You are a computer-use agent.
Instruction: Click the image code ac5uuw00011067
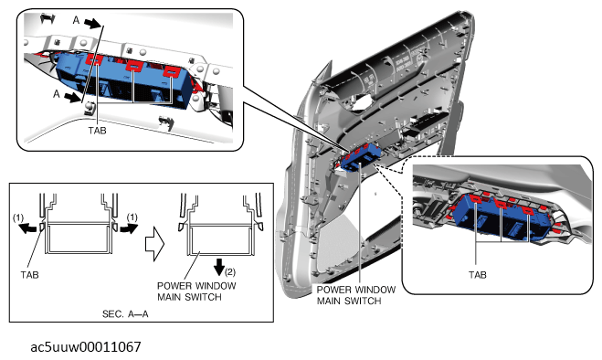point(86,347)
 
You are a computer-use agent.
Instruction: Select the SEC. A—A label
point(125,314)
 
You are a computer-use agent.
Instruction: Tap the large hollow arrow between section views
point(154,244)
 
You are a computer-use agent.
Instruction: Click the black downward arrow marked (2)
point(219,267)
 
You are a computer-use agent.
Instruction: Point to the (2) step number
point(229,272)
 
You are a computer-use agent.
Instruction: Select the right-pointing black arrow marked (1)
point(129,228)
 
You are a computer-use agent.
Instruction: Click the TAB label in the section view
point(29,275)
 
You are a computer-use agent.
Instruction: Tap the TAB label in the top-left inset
point(97,131)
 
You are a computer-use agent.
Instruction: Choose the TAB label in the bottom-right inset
point(477,275)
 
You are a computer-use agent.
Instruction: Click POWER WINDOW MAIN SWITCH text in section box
point(196,291)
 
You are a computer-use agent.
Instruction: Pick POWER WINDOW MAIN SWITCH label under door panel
point(356,295)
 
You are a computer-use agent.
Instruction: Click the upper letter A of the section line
point(76,20)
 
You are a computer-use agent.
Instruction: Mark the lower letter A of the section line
point(57,94)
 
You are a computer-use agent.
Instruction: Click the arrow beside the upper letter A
point(92,24)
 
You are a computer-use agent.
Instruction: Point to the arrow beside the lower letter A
point(72,98)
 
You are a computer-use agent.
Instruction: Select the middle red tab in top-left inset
point(134,66)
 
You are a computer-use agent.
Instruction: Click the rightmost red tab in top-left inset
point(171,72)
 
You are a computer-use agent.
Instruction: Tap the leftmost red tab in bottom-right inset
point(476,199)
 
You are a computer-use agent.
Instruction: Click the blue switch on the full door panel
point(361,158)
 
